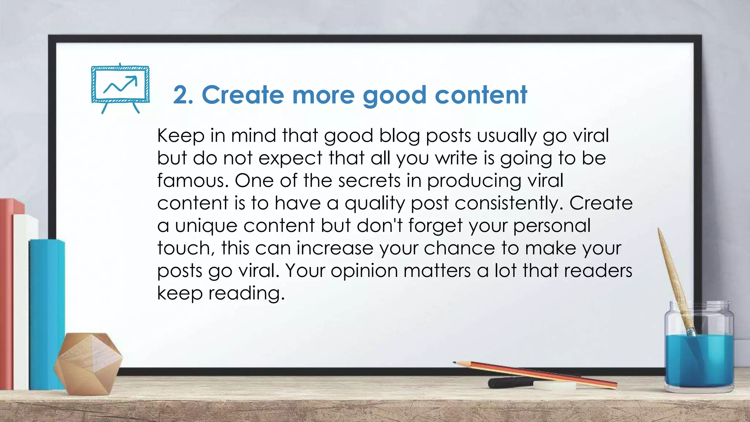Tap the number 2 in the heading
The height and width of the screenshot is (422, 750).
(180, 95)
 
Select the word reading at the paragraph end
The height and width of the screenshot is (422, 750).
(246, 294)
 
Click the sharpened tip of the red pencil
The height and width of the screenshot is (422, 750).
(455, 363)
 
